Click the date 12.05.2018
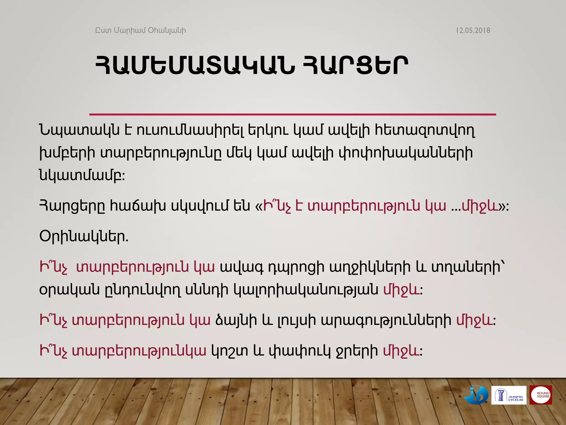pyautogui.click(x=473, y=30)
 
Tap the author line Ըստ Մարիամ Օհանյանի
pyautogui.click(x=140, y=30)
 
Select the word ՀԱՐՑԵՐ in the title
pyautogui.click(x=355, y=65)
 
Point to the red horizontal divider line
pyautogui.click(x=292, y=114)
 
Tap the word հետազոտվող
pyautogui.click(x=424, y=130)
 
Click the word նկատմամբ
pyautogui.click(x=82, y=175)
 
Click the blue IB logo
pyautogui.click(x=476, y=395)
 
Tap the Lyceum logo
pyautogui.click(x=509, y=395)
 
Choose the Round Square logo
pyautogui.click(x=541, y=395)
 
